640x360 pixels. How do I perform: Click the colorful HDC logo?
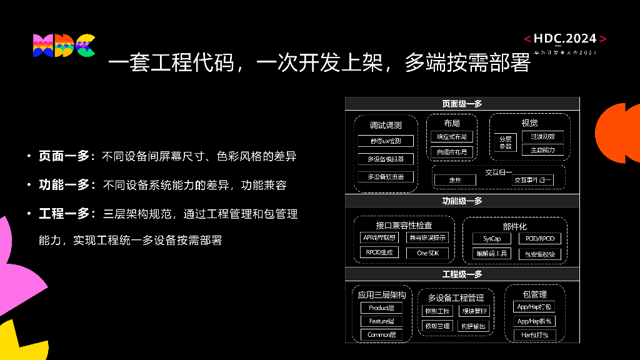(64, 46)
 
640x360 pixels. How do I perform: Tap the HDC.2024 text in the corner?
(565, 39)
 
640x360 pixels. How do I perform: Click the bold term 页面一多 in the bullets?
(64, 156)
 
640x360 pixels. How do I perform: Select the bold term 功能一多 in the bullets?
(64, 185)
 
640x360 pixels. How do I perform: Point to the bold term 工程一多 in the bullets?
(64, 214)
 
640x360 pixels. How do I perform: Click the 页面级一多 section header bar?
(462, 104)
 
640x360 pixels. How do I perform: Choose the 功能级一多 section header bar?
(462, 201)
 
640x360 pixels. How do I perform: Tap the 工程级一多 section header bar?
(462, 274)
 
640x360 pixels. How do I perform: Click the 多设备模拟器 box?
(385, 159)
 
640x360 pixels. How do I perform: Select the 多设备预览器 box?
(385, 177)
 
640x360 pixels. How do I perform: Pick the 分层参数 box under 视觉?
(505, 142)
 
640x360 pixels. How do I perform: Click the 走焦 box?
(455, 180)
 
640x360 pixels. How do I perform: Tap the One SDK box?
(427, 253)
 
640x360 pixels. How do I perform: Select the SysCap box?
(492, 239)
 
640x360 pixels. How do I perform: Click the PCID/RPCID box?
(539, 239)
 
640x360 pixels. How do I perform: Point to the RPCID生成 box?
(379, 252)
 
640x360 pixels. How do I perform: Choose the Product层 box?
(381, 308)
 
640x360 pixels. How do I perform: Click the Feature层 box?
(381, 321)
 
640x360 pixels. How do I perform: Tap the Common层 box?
(381, 335)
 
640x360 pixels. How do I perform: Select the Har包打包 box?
(534, 335)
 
